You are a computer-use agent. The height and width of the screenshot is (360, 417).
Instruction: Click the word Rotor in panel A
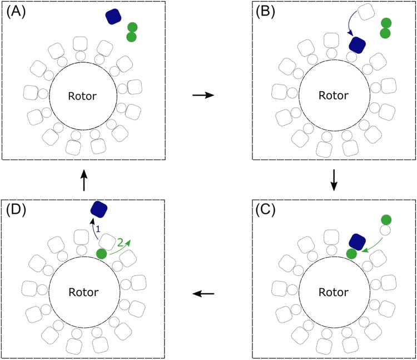[x=83, y=96]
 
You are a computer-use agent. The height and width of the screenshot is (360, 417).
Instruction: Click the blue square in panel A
[x=114, y=17]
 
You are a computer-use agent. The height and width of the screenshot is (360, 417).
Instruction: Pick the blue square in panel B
[x=356, y=44]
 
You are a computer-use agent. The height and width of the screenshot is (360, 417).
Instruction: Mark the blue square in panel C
[x=356, y=241]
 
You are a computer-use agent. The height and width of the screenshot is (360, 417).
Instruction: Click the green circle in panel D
[x=102, y=254]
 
